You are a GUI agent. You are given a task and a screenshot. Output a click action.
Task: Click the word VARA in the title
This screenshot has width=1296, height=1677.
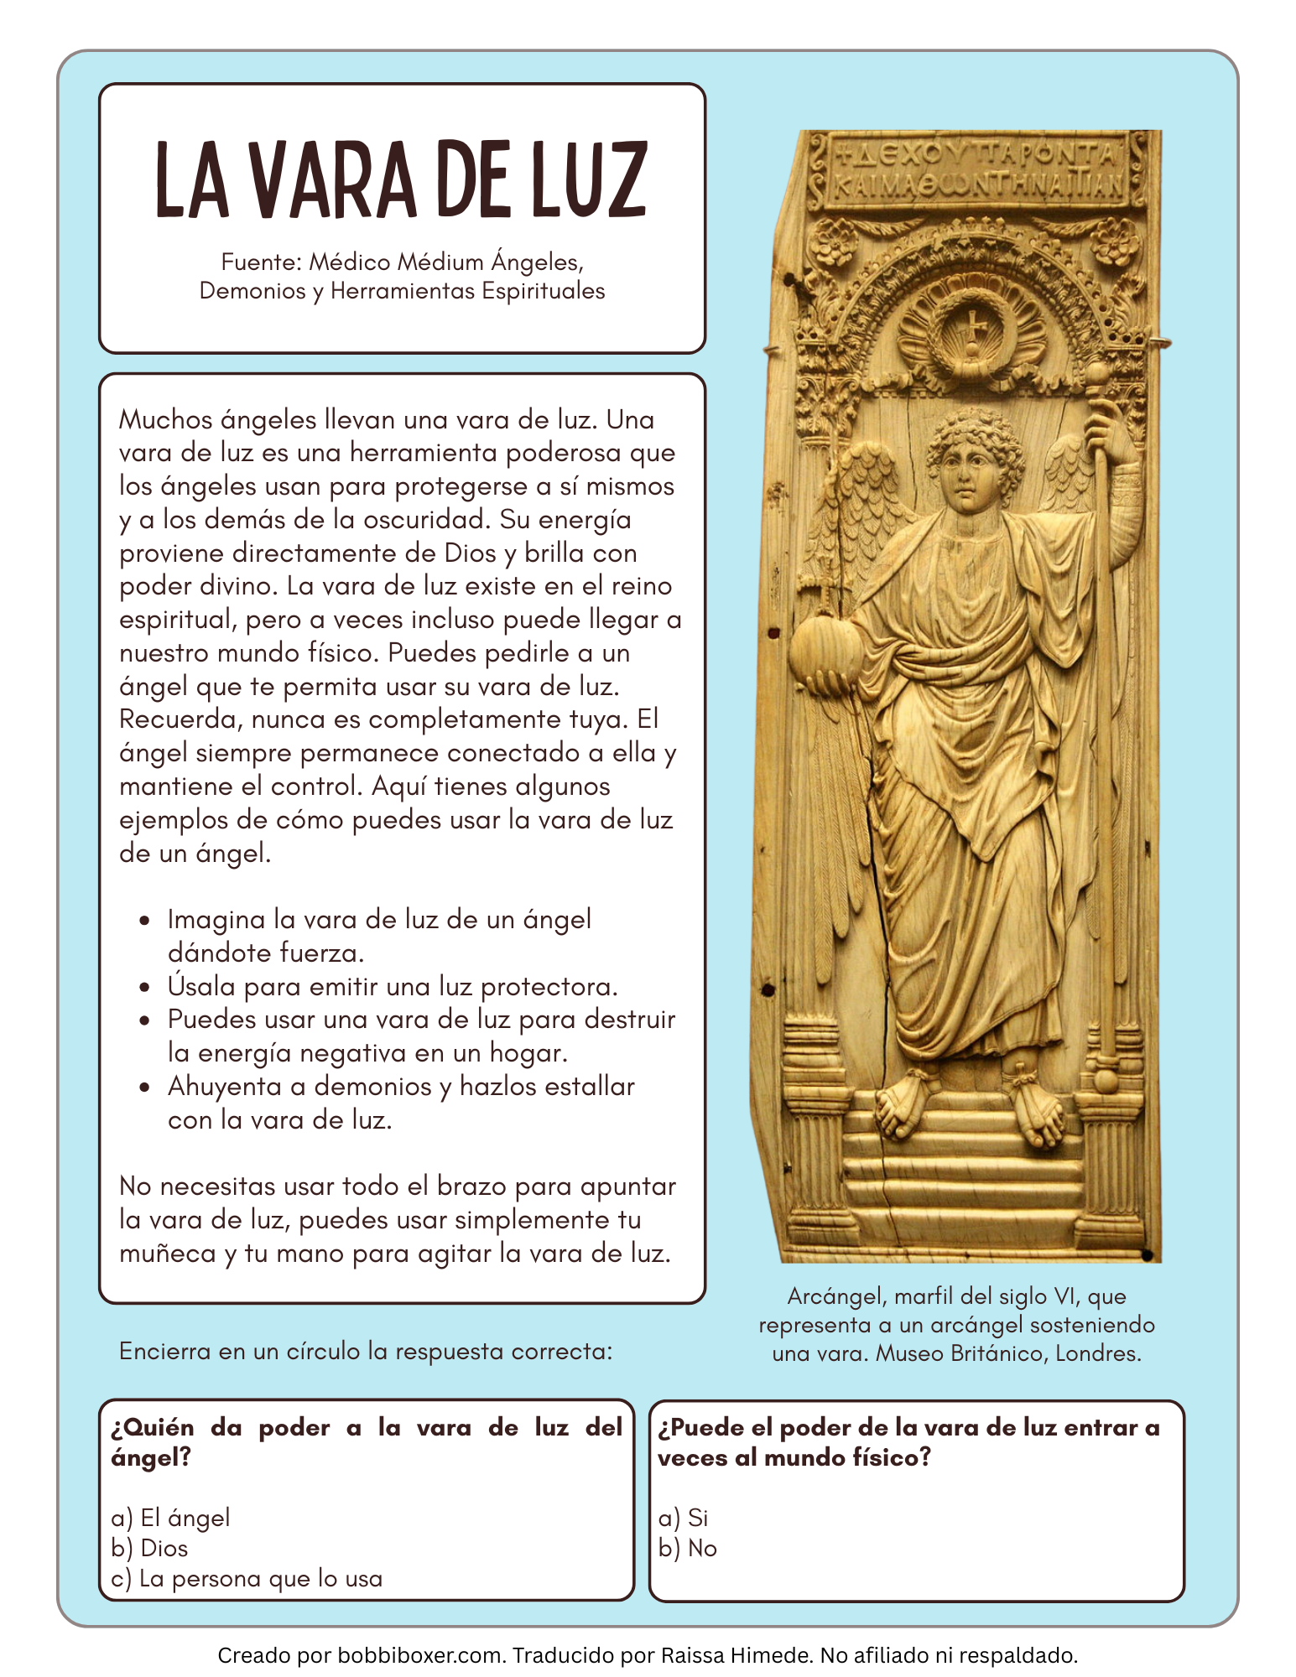coord(333,180)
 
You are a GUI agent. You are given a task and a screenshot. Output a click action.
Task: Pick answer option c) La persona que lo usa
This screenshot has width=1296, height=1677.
coord(247,1579)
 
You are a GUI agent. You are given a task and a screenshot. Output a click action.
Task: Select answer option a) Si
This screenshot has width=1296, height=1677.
coord(683,1518)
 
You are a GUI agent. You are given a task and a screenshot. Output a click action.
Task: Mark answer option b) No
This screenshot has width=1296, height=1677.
coord(688,1548)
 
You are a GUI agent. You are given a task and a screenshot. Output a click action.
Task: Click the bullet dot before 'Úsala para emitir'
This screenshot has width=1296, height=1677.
coord(146,987)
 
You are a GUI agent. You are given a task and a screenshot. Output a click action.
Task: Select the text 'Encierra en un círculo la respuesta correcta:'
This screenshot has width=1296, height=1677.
coord(366,1351)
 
